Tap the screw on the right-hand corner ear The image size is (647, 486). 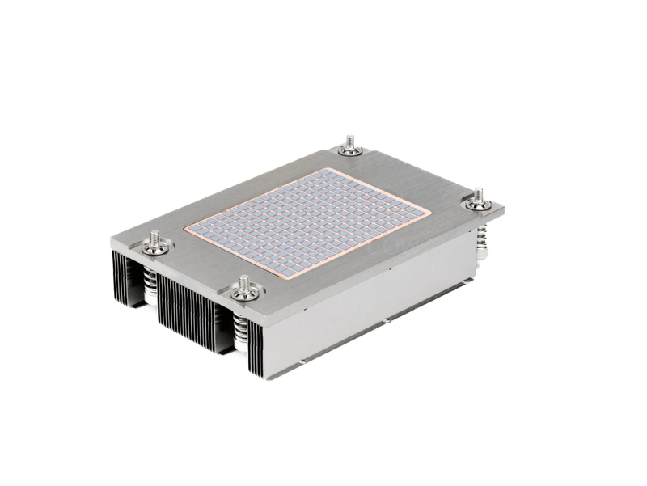pos(478,202)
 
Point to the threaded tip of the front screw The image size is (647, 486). pos(243,281)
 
